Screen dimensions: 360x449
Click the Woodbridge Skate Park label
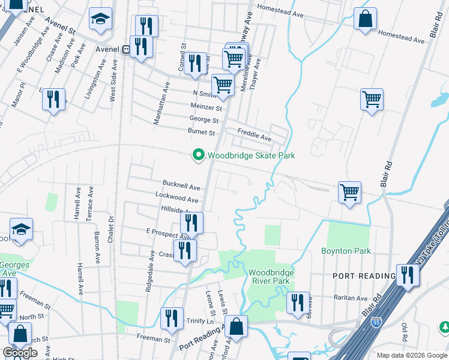(x=251, y=155)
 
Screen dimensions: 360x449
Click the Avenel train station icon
(x=126, y=50)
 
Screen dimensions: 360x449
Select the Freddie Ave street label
(x=254, y=139)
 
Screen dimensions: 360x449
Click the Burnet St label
(x=201, y=132)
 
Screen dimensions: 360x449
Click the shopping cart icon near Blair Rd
(x=349, y=193)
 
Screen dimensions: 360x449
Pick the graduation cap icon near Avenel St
(x=100, y=19)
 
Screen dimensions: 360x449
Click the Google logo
(x=20, y=353)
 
